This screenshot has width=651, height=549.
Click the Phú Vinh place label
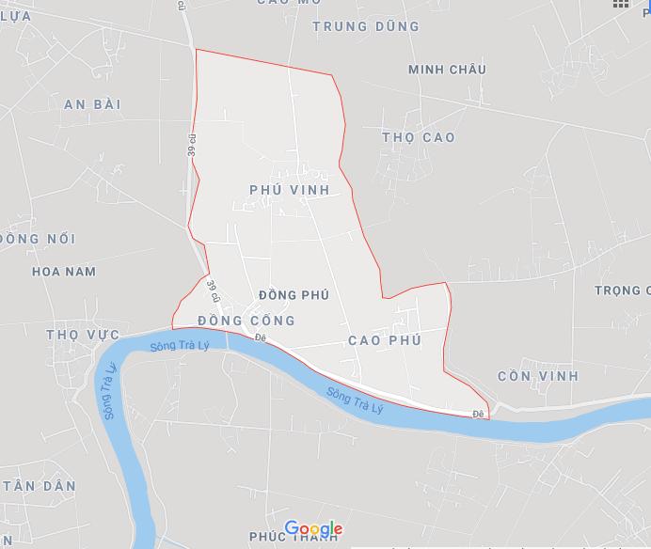coord(290,190)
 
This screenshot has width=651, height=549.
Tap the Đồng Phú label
coord(293,295)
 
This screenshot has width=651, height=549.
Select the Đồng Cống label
coord(246,321)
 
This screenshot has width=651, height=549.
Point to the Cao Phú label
coord(384,340)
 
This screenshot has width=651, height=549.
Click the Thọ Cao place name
coord(419,137)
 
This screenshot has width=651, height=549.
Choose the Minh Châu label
coord(447,70)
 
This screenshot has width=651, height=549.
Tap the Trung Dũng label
coord(365,26)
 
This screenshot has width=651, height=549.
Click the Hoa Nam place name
coord(64,272)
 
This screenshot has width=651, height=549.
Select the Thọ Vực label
coord(83,335)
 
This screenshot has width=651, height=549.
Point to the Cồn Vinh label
coord(538,376)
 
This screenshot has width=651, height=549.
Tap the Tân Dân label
coord(39,486)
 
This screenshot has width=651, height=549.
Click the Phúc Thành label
coord(293,537)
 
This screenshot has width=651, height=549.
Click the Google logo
coord(313,528)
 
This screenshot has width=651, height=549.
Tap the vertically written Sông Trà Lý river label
coord(110,392)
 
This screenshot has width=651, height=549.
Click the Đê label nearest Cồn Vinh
coord(478,414)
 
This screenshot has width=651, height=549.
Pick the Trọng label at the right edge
coord(621,290)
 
